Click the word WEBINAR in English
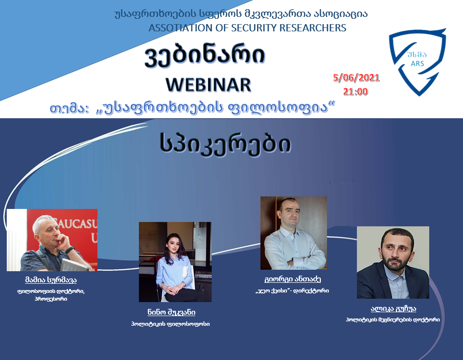pos(208,85)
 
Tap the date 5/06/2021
pos(356,78)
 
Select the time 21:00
pos(355,92)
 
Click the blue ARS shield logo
pos(417,61)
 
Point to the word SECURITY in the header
pos(254,28)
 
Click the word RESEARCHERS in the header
pos(313,28)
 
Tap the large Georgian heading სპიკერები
pos(225,144)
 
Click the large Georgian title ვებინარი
pos(204,55)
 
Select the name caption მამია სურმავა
pos(51,280)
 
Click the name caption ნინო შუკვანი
pos(171,312)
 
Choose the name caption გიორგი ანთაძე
pos(292,279)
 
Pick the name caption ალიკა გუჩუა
pos(394,309)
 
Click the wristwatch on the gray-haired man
pos(69,250)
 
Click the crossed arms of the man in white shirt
pos(295,257)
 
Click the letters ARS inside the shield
pos(417,64)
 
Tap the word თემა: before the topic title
pos(69,109)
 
